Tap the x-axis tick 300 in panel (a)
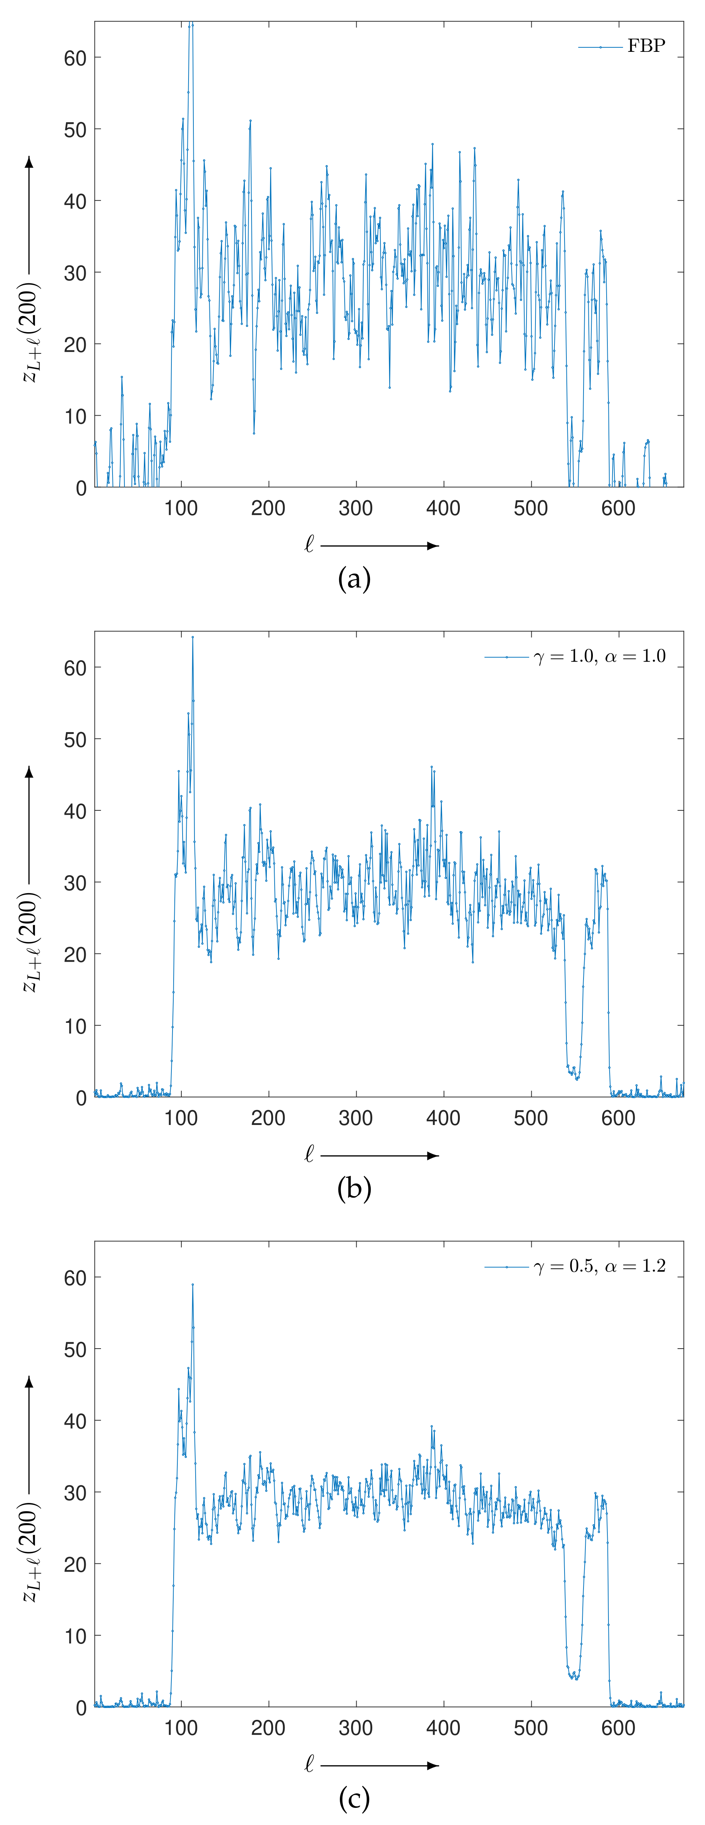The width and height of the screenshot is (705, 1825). tap(356, 508)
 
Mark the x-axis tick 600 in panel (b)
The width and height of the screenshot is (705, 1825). tap(618, 1118)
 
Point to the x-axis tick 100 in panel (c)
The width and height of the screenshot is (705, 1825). tap(181, 1728)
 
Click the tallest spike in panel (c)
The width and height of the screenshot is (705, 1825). tap(192, 1285)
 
